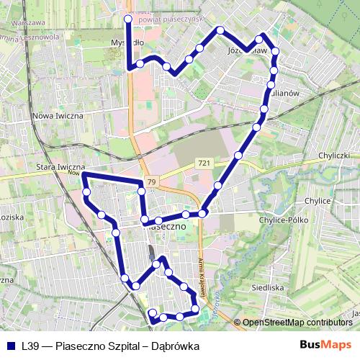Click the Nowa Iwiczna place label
[x=58, y=115]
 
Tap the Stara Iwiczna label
[x=61, y=166]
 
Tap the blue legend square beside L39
[x=11, y=346]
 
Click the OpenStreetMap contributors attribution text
[x=297, y=322]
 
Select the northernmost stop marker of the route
[x=128, y=19]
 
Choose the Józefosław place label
[x=247, y=52]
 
